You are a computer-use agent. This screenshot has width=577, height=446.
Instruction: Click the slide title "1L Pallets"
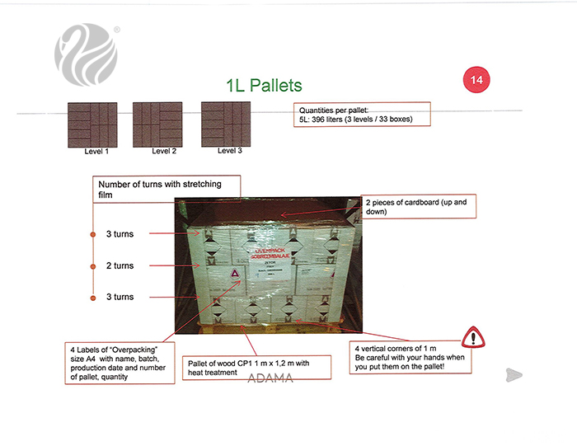(264, 85)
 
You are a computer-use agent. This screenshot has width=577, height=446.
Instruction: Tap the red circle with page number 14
(476, 80)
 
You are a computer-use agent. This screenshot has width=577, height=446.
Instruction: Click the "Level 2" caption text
(164, 152)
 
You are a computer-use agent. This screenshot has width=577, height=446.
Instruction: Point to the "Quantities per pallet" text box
(362, 115)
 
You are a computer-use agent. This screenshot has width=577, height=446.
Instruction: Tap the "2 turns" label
(120, 266)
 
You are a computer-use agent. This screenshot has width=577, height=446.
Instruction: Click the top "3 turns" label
(120, 234)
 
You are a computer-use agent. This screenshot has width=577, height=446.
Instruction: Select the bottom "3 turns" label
(120, 297)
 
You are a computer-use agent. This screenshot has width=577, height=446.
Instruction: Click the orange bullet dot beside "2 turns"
(92, 266)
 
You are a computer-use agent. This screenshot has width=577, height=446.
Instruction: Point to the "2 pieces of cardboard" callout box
(418, 207)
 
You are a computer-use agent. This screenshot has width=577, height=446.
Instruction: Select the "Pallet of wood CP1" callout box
(256, 368)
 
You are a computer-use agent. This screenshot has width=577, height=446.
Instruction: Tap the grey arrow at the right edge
(514, 375)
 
